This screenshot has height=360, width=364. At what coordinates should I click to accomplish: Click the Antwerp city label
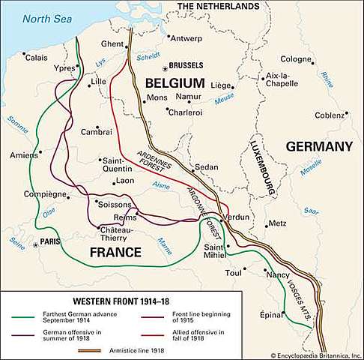(187, 37)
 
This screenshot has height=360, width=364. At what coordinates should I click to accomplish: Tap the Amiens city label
(24, 154)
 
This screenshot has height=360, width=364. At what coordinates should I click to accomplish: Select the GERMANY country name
(318, 146)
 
